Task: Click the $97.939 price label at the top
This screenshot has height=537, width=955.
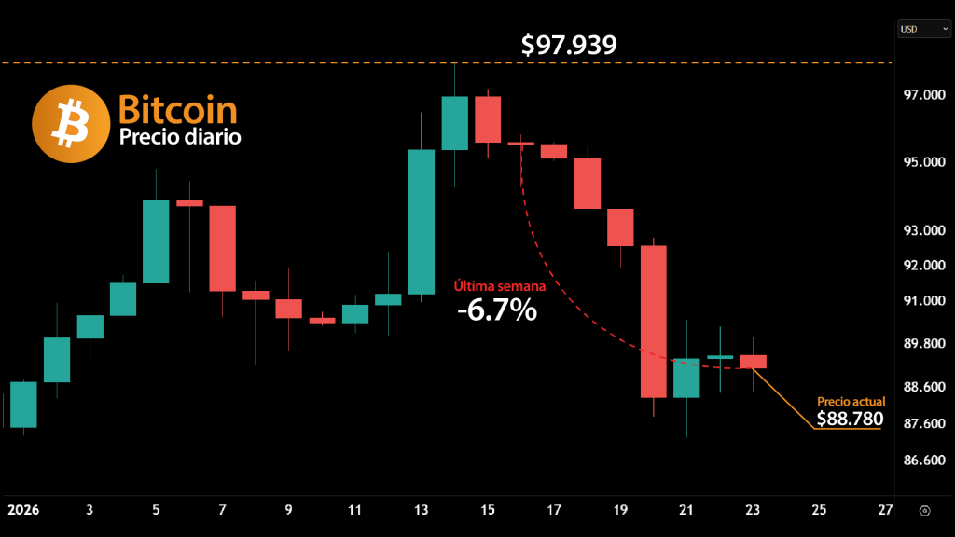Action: pos(569,45)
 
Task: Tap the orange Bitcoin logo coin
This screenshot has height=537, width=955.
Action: pos(71,124)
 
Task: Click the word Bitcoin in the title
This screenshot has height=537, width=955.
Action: pos(177,111)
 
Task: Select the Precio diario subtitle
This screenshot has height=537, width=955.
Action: pos(180,137)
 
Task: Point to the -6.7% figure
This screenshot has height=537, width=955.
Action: pos(497,310)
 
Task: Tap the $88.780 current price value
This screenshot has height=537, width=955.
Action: pos(850,419)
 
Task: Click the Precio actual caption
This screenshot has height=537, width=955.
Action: pos(851,401)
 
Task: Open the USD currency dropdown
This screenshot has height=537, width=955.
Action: pos(923,29)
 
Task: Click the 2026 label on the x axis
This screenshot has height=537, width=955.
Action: pos(24,510)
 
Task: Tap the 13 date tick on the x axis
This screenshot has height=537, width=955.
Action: pos(422,510)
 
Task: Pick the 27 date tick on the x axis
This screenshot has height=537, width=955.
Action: pos(885,510)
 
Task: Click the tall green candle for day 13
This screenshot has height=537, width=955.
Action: pos(422,222)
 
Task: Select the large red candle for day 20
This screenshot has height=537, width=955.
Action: pos(654,321)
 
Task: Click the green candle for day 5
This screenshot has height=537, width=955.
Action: pos(156,241)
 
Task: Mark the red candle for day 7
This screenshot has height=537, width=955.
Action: pos(222,248)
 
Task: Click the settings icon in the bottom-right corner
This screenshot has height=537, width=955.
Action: pos(923,511)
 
